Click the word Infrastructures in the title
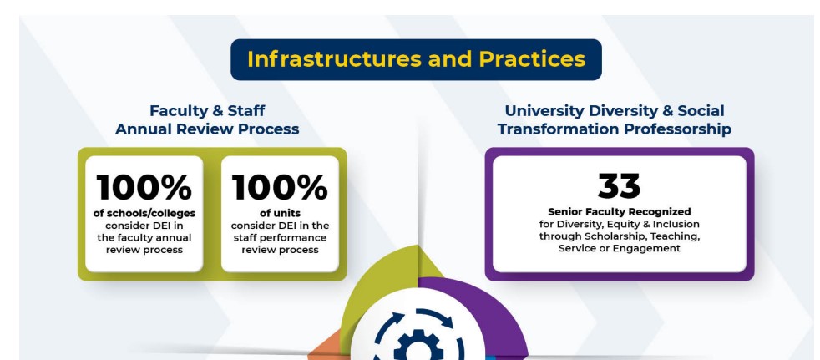point(334,59)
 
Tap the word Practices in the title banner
point(533,59)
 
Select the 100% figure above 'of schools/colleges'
point(144,187)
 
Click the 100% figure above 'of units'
point(280,187)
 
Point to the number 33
point(620,186)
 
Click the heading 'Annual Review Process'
point(207,129)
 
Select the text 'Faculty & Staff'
point(207,111)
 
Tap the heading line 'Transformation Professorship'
point(615,129)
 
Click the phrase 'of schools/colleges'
point(144,214)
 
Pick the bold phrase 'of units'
point(280,214)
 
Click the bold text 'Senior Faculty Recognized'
point(620,212)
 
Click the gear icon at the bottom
point(418,345)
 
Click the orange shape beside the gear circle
point(324,347)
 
